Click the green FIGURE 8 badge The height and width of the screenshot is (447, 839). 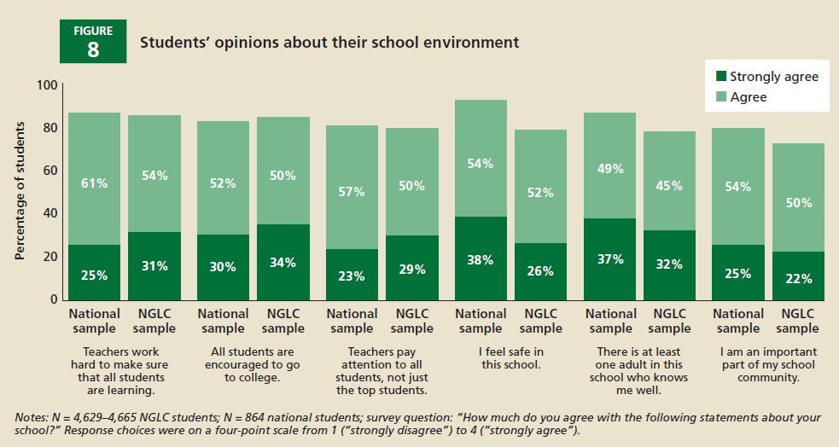(93, 42)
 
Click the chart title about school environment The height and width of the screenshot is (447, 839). (329, 42)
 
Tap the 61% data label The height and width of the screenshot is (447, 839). (94, 183)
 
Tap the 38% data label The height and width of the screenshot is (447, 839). (481, 260)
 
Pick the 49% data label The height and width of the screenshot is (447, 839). (610, 169)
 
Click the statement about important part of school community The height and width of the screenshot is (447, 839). (768, 364)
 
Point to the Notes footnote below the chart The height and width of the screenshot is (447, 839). (418, 424)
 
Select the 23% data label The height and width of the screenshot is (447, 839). (352, 276)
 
